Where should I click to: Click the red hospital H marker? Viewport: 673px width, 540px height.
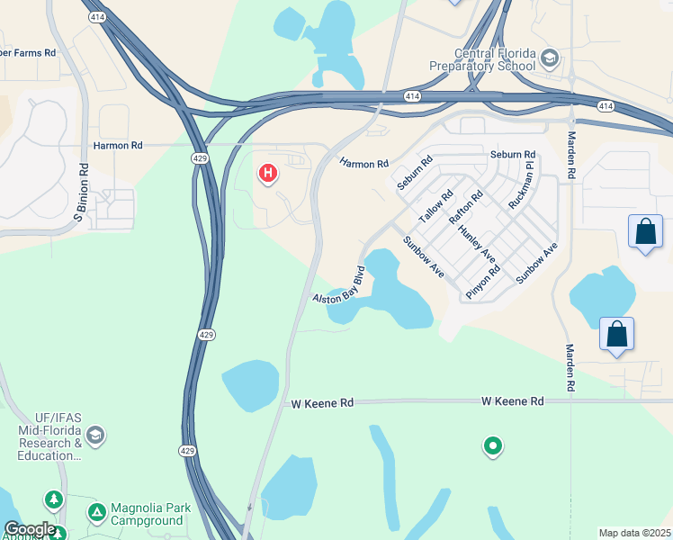tap(267, 173)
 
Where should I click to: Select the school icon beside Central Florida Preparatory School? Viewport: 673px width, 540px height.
tap(548, 59)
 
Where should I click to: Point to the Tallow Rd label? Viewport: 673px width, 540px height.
tap(435, 207)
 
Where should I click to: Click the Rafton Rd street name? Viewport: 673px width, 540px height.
tap(466, 207)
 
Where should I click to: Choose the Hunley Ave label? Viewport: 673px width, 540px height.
tap(476, 246)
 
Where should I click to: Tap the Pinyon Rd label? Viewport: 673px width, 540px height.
tap(482, 282)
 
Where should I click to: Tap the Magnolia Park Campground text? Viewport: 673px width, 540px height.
tap(150, 514)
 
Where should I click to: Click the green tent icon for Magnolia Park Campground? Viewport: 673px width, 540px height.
tap(96, 513)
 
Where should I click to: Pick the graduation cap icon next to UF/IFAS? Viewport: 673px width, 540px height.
tap(96, 436)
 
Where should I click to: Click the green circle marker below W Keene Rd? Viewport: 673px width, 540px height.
tap(492, 445)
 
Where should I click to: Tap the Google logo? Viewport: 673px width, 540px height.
tap(30, 529)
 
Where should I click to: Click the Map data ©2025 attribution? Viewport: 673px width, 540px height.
tap(635, 533)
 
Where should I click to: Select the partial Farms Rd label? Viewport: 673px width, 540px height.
tap(27, 53)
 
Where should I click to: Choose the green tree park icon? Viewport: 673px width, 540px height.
tap(54, 499)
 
